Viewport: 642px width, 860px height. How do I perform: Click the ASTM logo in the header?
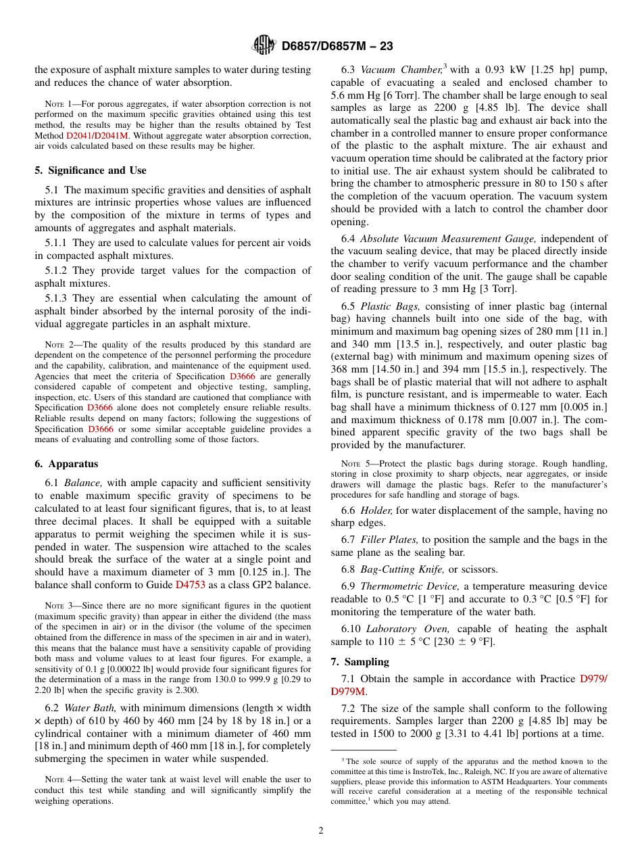(264, 45)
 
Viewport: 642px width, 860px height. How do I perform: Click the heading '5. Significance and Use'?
(90, 170)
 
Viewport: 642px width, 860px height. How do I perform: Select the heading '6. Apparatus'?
(66, 464)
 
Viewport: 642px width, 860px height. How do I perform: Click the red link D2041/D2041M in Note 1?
(99, 135)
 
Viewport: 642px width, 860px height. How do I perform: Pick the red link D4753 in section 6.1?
(190, 584)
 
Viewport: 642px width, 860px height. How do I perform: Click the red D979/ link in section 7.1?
(593, 678)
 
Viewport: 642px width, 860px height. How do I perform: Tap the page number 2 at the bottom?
(321, 831)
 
